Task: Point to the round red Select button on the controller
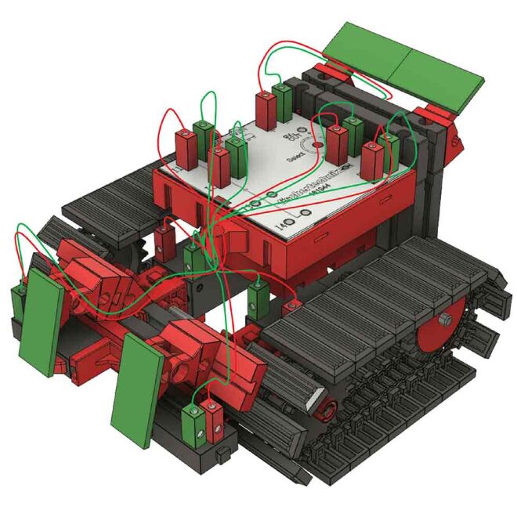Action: click(x=317, y=146)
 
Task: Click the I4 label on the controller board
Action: click(x=284, y=226)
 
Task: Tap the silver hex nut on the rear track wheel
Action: click(x=445, y=320)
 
